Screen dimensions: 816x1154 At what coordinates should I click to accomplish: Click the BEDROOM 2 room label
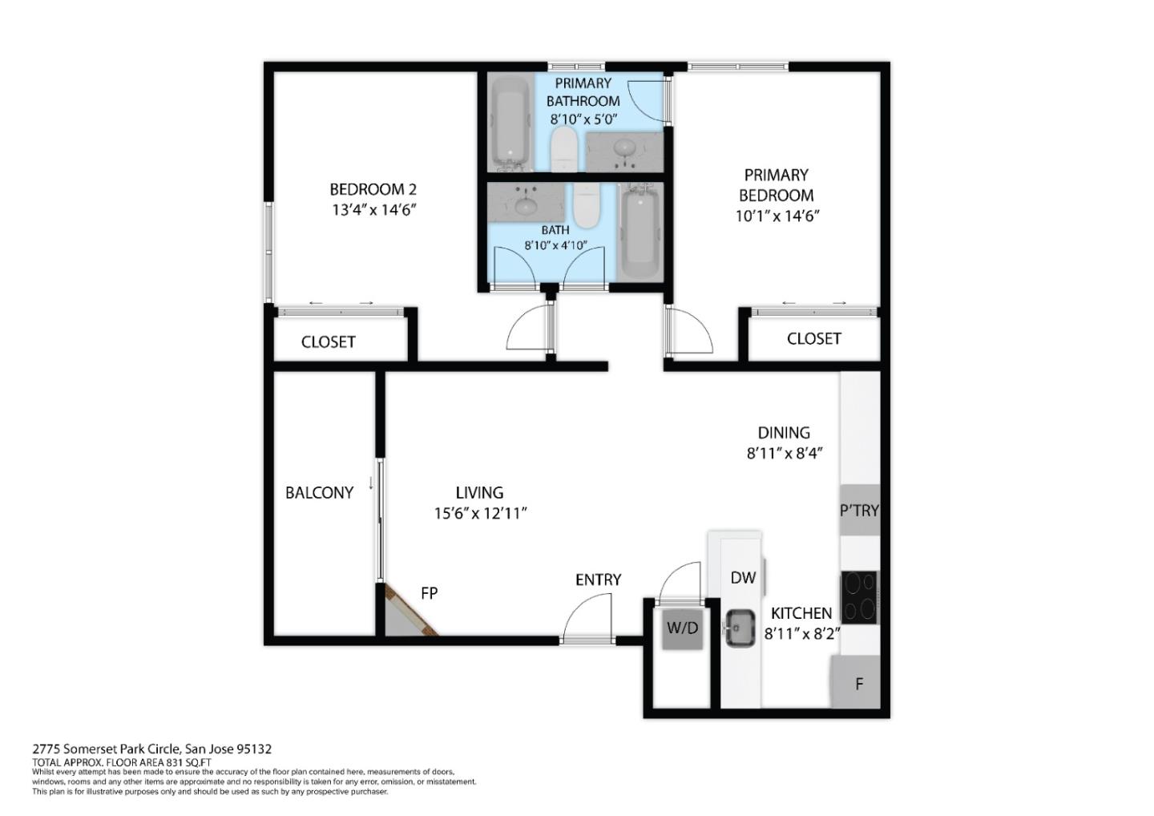373,190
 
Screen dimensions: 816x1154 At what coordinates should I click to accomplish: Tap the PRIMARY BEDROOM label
776,185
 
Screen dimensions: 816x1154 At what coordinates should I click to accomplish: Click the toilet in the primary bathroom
566,151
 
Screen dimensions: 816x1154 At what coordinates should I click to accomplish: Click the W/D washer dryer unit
683,628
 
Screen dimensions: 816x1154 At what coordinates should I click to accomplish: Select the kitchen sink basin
739,628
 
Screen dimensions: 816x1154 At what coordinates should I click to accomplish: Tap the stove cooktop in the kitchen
859,597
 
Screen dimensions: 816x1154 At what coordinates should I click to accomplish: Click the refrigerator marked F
858,684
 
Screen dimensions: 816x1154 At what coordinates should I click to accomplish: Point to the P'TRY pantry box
859,510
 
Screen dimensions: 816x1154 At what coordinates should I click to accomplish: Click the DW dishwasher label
743,577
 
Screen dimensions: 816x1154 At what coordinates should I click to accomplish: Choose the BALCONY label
319,493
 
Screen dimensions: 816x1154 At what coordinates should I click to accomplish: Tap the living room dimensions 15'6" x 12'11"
480,514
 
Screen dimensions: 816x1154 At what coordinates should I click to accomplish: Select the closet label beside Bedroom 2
328,342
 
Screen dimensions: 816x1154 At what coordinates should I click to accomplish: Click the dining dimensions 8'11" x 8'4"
785,453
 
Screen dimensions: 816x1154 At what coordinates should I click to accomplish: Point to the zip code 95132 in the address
254,749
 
